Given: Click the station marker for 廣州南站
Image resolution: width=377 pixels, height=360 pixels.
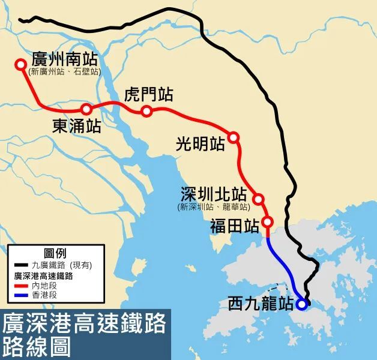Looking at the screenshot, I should click(21, 64).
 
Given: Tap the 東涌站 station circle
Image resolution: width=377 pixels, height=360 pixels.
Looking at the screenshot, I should click(86, 109).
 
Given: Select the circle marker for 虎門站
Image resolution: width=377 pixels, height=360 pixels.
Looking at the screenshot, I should click(146, 111).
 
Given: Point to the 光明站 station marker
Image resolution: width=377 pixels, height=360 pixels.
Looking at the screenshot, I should click(234, 137).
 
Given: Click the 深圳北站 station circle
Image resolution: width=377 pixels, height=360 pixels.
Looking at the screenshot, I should click(259, 199).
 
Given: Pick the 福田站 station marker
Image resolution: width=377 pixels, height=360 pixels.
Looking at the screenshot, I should click(268, 222).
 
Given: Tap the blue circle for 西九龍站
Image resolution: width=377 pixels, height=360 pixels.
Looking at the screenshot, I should click(302, 304).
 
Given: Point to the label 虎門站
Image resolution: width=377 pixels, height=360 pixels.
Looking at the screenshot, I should click(148, 95).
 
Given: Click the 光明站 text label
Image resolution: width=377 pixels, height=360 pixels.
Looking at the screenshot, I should click(201, 144).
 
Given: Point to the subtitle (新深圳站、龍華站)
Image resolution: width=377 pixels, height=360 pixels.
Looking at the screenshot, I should click(214, 207).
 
